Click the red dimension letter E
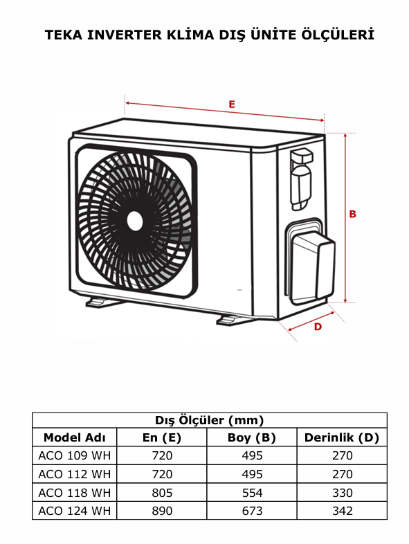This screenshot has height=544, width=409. click(x=233, y=104)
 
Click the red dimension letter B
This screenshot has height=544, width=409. click(x=352, y=215)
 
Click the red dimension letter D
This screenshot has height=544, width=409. click(x=318, y=327)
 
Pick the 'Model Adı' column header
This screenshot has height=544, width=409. click(x=74, y=437)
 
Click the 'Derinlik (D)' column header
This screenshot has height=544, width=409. click(x=342, y=437)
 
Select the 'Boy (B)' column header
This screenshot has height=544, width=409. click(x=252, y=437)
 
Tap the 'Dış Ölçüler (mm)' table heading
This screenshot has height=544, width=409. click(x=209, y=420)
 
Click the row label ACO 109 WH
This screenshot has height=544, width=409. click(x=74, y=455)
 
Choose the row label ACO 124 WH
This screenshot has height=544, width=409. click(x=74, y=511)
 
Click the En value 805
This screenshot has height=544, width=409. click(x=162, y=493)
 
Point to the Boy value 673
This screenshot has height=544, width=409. click(x=252, y=511)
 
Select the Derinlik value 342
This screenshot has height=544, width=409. click(x=342, y=511)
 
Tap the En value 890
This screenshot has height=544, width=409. click(x=162, y=511)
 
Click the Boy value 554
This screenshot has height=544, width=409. click(x=252, y=493)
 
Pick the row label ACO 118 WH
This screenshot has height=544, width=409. click(x=74, y=493)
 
